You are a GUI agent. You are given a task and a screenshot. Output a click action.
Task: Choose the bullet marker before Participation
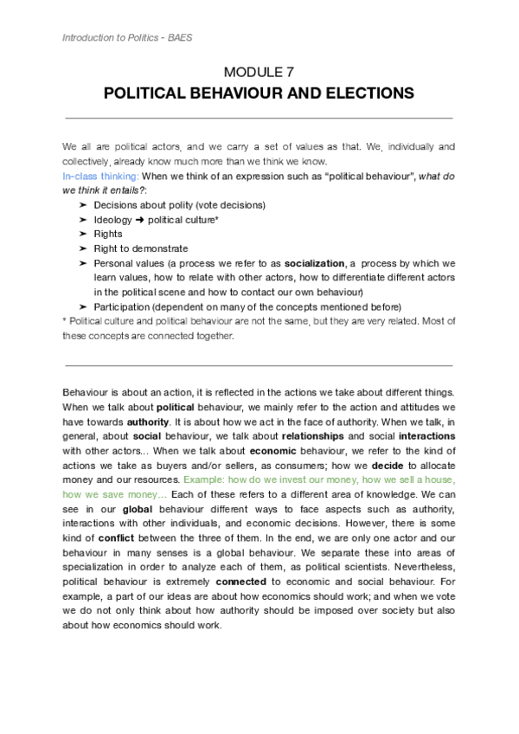tap(82, 306)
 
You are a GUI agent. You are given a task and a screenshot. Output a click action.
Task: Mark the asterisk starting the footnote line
tap(66, 321)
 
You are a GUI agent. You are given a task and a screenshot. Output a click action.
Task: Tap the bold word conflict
tap(106, 537)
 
